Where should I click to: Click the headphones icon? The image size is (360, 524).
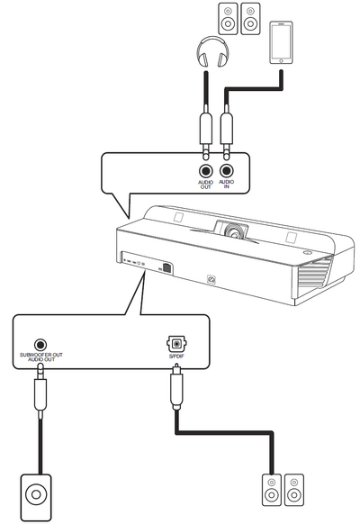[212, 52]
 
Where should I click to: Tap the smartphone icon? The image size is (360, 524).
[281, 42]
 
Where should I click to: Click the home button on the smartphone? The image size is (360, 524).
[281, 60]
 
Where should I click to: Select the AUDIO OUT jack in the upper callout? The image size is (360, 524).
[206, 171]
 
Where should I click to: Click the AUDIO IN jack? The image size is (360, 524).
[227, 171]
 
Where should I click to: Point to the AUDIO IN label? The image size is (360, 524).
[227, 185]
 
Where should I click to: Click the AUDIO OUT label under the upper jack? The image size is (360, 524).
[206, 185]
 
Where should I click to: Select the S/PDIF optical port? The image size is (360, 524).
[176, 343]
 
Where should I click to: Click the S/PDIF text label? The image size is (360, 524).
[176, 356]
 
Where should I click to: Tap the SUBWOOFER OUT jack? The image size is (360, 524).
[40, 345]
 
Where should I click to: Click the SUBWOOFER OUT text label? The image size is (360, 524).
[41, 355]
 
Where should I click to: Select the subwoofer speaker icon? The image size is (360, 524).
[36, 495]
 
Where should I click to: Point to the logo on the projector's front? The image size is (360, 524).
[211, 279]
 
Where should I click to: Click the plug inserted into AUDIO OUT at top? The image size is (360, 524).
[206, 135]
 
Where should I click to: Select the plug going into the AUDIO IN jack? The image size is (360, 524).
[227, 135]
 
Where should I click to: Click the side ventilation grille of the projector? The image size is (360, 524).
[311, 274]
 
